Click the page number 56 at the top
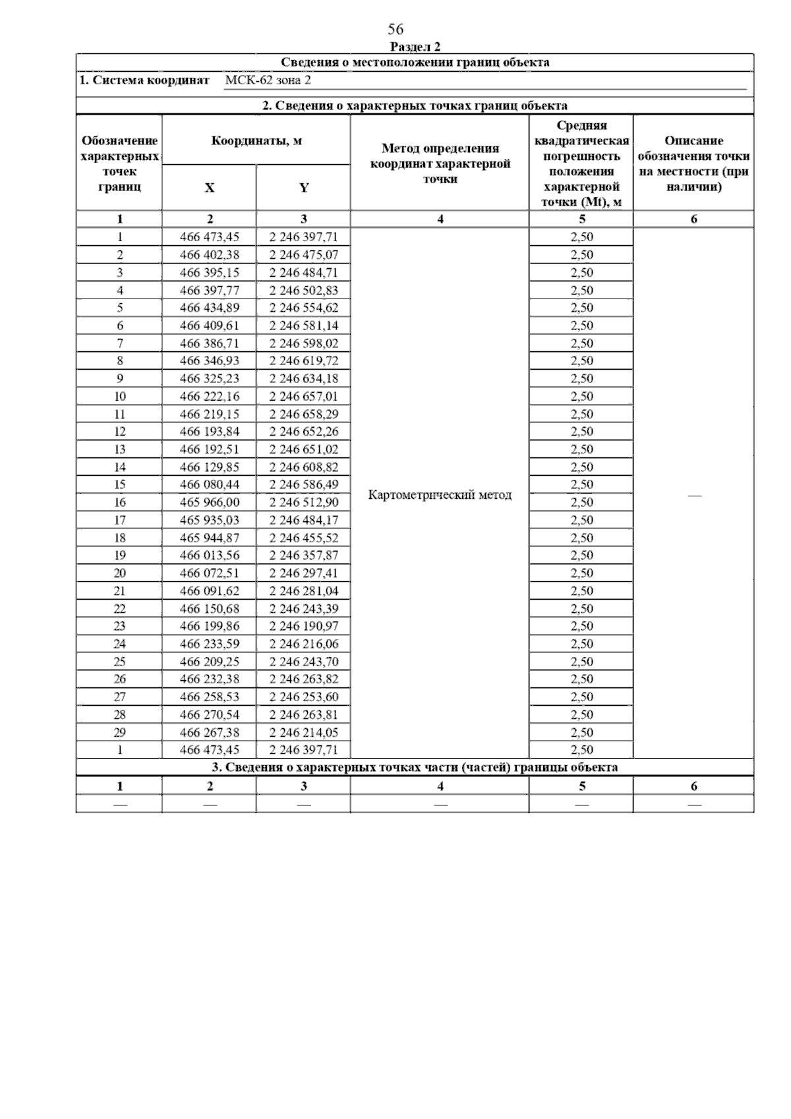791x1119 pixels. click(x=395, y=30)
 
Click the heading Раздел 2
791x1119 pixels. click(x=415, y=47)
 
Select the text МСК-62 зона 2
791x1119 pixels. click(x=268, y=80)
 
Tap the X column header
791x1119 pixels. click(x=209, y=188)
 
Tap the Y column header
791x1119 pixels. click(x=304, y=188)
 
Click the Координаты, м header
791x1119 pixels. click(x=256, y=141)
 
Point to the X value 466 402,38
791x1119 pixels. click(x=210, y=255)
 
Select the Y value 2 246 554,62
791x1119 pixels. click(x=303, y=308)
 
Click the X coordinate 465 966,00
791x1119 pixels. click(x=210, y=502)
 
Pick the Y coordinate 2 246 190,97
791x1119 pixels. click(x=303, y=626)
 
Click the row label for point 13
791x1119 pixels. click(x=120, y=449)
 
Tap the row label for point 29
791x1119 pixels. click(x=120, y=732)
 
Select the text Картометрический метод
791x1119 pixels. click(x=440, y=495)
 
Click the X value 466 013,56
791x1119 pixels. click(x=210, y=556)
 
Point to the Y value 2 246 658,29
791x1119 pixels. click(x=303, y=414)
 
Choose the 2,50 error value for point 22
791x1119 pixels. click(x=582, y=608)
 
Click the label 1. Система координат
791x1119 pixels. click(x=144, y=80)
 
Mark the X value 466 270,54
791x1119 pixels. click(x=210, y=714)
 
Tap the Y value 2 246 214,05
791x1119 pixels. click(x=303, y=732)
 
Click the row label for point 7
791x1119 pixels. click(x=120, y=343)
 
